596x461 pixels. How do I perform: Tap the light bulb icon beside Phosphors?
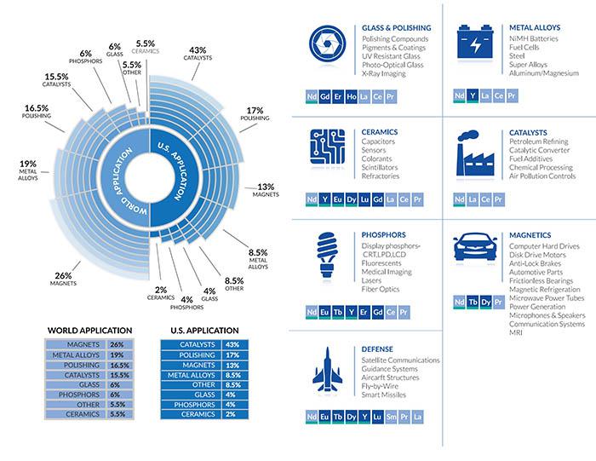point(327,255)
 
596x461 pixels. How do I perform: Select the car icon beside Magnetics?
point(475,247)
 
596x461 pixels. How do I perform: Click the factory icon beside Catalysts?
point(475,153)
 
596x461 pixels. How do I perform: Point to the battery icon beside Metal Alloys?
point(475,43)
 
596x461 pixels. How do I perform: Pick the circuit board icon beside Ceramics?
point(328,147)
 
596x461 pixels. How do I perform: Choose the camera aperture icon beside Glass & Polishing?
point(327,43)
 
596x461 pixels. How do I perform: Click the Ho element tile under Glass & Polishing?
point(351,96)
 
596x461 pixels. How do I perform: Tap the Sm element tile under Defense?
point(391,417)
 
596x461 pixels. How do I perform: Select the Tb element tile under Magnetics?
point(473,303)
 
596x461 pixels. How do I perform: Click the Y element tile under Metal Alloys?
point(473,95)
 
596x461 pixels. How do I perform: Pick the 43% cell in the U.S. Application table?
point(235,344)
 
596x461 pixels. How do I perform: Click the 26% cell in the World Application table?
point(120,344)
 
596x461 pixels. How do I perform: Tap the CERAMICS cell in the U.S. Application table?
point(191,414)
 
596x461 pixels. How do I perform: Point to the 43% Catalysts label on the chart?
point(198,54)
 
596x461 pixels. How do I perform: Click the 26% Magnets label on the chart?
point(63,279)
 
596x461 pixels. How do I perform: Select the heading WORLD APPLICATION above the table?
point(89,330)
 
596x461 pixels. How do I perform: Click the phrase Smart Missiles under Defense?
point(383,395)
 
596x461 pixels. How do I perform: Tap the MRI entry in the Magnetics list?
point(516,332)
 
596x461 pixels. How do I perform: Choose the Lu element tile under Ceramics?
point(364,199)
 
